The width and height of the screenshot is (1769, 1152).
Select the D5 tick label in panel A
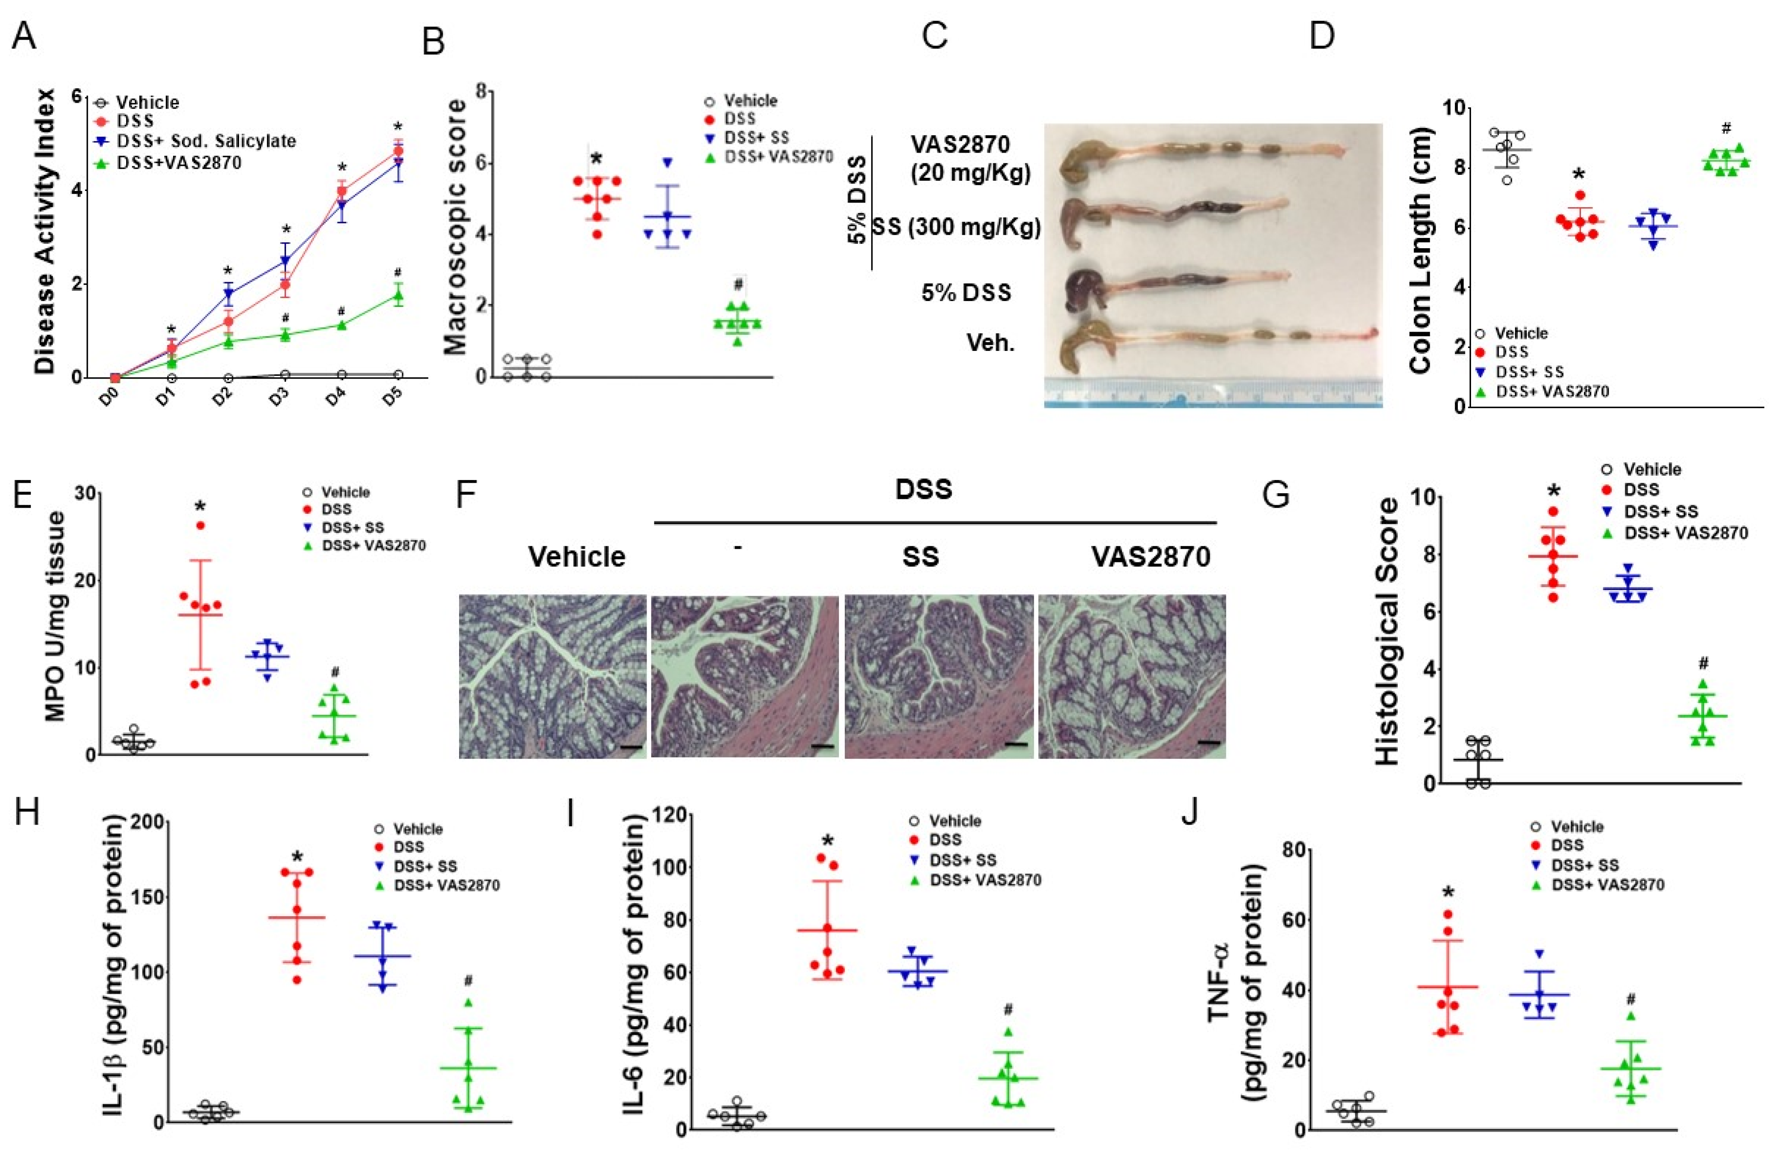[x=393, y=395]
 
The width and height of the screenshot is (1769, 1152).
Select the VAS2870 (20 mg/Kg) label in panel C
[x=970, y=158]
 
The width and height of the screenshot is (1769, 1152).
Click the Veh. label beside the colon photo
[x=990, y=343]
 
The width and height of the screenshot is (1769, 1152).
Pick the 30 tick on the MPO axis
[x=89, y=494]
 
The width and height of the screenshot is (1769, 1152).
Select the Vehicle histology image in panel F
[x=552, y=676]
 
